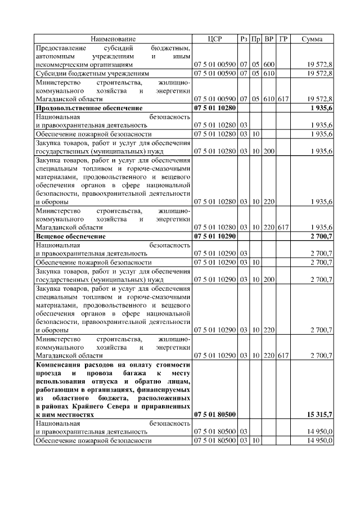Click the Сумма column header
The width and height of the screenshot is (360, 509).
(x=312, y=39)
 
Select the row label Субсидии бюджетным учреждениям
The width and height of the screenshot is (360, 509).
(x=92, y=73)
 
